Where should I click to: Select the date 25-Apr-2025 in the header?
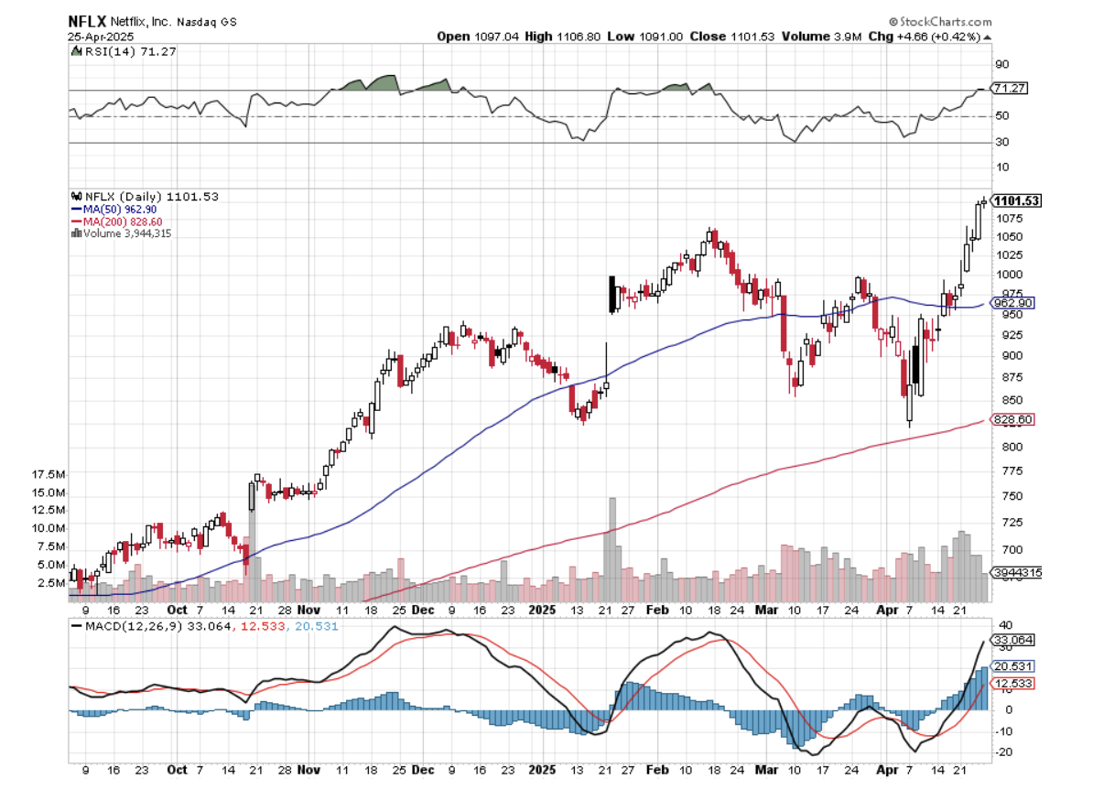tap(102, 37)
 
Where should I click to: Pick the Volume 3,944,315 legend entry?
tap(127, 233)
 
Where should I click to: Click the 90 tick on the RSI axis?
tap(1003, 64)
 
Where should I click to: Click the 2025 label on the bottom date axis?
tap(543, 770)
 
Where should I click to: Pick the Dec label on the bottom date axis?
tap(423, 770)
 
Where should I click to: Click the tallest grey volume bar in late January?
tap(612, 549)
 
